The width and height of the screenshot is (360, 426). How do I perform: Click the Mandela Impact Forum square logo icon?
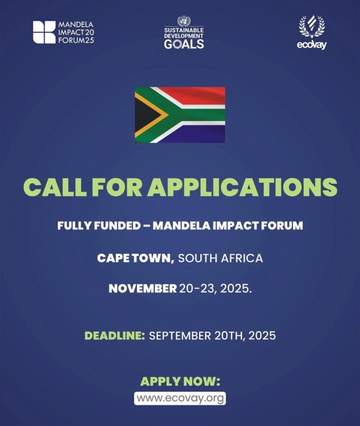[x=44, y=32]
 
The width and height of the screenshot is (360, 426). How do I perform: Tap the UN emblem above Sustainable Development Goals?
[x=184, y=21]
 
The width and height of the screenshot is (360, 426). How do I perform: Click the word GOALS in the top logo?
[x=184, y=44]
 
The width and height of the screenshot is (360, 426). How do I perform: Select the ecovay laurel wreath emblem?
[x=312, y=27]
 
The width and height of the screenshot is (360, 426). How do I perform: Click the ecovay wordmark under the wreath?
[x=312, y=46]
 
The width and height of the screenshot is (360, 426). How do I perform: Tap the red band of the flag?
[x=197, y=95]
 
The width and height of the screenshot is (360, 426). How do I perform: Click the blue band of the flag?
[x=197, y=135]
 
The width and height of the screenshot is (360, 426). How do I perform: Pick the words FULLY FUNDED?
[x=98, y=226]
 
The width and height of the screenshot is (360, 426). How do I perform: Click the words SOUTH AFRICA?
[x=221, y=258]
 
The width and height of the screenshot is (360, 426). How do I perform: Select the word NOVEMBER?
[x=142, y=289]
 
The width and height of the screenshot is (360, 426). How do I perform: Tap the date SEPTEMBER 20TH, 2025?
[x=212, y=335]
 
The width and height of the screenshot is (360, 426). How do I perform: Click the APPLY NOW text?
[x=180, y=381]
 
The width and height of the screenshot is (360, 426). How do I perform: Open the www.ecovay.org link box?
[x=180, y=398]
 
